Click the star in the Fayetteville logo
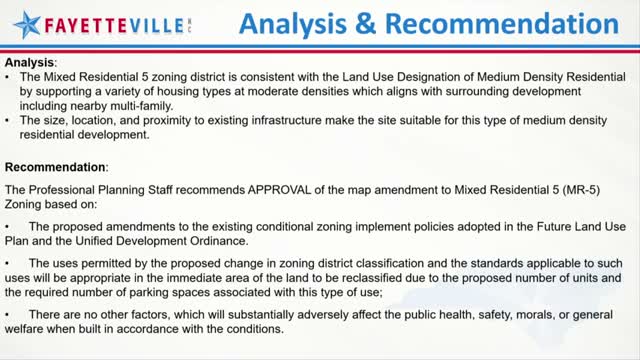pos(23,23)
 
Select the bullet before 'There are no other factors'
pos(8,316)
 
